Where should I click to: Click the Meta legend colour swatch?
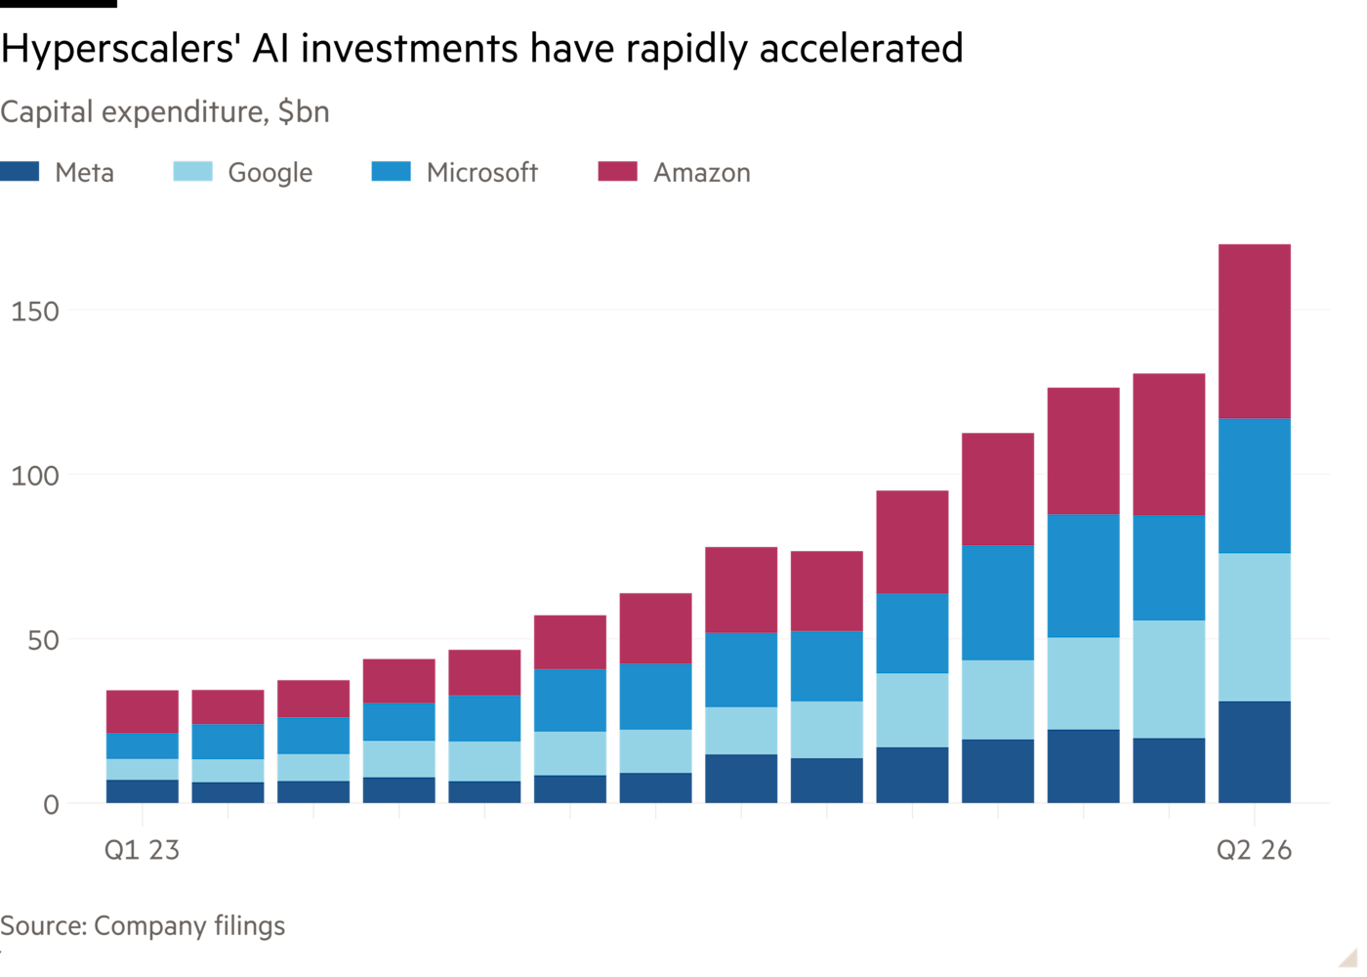pyautogui.click(x=20, y=172)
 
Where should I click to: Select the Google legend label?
pyautogui.click(x=270, y=173)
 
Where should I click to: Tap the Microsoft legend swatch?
pyautogui.click(x=392, y=172)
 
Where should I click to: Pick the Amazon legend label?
pyautogui.click(x=702, y=173)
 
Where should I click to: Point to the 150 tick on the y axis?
pyautogui.click(x=35, y=312)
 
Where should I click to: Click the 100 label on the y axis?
pyautogui.click(x=35, y=476)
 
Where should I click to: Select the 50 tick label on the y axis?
pyautogui.click(x=43, y=641)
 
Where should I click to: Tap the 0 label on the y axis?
pyautogui.click(x=51, y=805)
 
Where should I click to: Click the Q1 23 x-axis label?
pyautogui.click(x=143, y=850)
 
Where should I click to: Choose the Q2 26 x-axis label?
pyautogui.click(x=1254, y=850)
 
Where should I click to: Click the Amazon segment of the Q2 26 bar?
pyautogui.click(x=1254, y=331)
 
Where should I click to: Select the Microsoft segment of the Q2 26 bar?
pyautogui.click(x=1254, y=487)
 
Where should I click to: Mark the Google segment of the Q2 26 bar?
pyautogui.click(x=1254, y=627)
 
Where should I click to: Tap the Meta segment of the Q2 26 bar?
pyautogui.click(x=1254, y=752)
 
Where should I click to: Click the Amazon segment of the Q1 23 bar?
pyautogui.click(x=143, y=712)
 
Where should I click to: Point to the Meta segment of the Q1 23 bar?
pyautogui.click(x=143, y=791)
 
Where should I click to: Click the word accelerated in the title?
pyautogui.click(x=861, y=48)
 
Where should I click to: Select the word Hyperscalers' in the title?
pyautogui.click(x=118, y=50)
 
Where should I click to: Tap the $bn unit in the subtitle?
pyautogui.click(x=304, y=111)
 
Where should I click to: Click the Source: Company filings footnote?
pyautogui.click(x=143, y=926)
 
